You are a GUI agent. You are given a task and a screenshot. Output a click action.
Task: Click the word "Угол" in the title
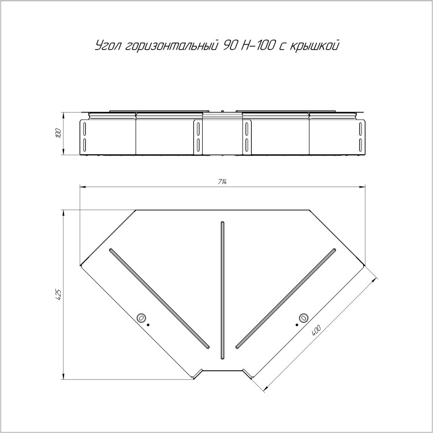tap(107, 46)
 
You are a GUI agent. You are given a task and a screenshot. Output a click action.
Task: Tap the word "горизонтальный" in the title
tap(170, 46)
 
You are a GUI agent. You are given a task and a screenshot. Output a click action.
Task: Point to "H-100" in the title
tap(257, 45)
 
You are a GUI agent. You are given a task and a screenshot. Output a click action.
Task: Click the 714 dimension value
tap(222, 182)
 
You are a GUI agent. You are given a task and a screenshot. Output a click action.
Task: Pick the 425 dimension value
tap(58, 294)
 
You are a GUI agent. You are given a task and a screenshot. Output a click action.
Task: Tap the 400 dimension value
tap(316, 331)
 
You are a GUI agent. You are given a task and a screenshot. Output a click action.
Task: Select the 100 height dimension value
tap(58, 133)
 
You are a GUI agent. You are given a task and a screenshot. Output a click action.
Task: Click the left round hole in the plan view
tap(141, 318)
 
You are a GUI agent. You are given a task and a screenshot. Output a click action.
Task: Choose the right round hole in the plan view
tap(304, 318)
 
